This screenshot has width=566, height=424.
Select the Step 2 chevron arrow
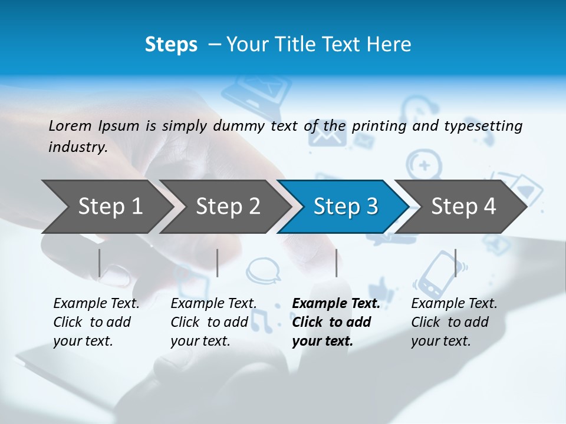click(x=224, y=207)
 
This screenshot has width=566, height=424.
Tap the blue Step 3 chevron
click(x=343, y=207)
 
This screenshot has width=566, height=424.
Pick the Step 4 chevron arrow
click(x=460, y=207)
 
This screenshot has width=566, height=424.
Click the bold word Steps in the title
click(x=171, y=44)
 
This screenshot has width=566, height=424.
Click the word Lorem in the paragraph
click(x=70, y=125)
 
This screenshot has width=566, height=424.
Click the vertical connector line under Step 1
click(x=100, y=263)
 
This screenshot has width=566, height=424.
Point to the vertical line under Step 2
click(x=218, y=263)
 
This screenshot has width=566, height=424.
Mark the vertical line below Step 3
click(x=336, y=263)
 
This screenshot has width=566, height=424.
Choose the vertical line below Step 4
click(x=455, y=263)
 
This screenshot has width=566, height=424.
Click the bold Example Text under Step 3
click(x=336, y=304)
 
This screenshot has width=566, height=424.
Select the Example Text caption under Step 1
click(x=96, y=304)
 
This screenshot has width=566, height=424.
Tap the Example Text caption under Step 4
click(x=454, y=304)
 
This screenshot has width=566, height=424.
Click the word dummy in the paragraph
click(x=241, y=125)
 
